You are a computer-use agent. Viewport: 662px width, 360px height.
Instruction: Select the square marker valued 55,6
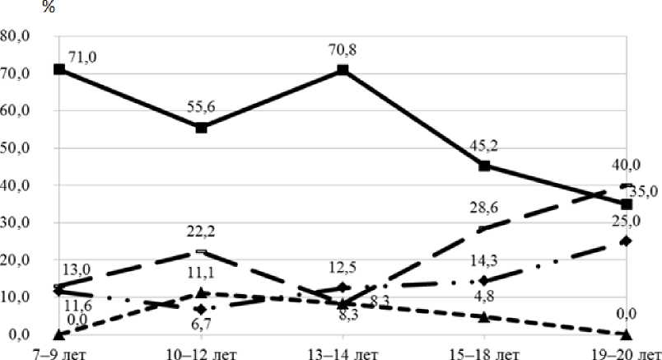tap(202, 127)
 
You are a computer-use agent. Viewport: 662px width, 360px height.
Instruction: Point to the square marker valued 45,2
tap(484, 166)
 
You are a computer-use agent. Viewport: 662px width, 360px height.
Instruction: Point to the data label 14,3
tap(484, 262)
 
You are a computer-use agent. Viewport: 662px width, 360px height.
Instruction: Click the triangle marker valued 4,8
tap(484, 316)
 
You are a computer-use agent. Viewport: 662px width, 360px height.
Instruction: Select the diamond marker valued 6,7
tap(202, 310)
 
